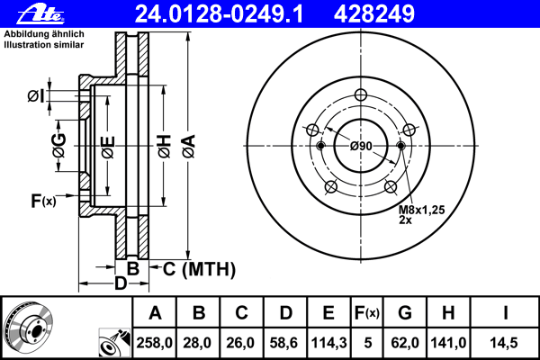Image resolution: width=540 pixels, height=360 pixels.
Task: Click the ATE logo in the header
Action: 40,13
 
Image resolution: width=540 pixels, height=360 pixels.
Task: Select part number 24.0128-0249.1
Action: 219,13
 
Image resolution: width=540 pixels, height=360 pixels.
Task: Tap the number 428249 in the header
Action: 374,13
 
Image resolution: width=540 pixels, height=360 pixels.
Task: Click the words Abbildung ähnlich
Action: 44,34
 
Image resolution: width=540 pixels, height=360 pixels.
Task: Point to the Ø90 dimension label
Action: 361,146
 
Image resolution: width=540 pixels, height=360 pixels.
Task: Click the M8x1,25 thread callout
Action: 422,210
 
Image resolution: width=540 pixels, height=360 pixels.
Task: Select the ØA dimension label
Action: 189,147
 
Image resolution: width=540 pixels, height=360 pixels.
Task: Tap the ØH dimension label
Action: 165,147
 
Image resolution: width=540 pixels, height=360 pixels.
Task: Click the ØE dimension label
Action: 108,148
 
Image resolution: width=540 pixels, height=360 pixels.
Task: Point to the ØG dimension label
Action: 59,146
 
